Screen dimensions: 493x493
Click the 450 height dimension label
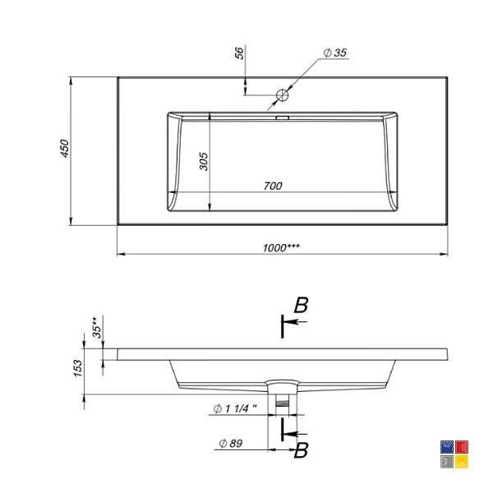[x=64, y=149]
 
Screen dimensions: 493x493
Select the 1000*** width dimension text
[x=281, y=248]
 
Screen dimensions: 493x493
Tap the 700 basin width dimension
[x=273, y=186]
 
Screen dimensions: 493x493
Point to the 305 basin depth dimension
[x=204, y=161]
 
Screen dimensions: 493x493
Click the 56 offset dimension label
[x=239, y=53]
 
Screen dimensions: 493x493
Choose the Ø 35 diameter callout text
[x=335, y=53]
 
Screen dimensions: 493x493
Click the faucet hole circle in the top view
[x=283, y=94]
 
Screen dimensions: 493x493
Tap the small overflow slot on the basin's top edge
[x=283, y=117]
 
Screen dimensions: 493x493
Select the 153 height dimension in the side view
[x=78, y=368]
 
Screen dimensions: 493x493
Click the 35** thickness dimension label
[x=97, y=328]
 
